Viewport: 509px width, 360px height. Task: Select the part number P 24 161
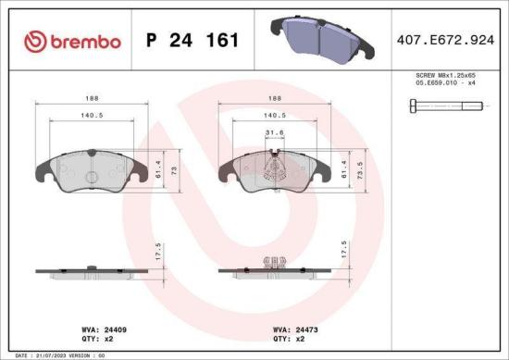tap(192, 41)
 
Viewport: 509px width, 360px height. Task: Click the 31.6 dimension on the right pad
tap(274, 132)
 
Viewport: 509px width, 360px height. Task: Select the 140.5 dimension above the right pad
tap(274, 116)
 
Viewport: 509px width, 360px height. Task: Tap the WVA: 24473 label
tap(294, 329)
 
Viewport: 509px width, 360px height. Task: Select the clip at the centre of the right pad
tap(273, 168)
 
